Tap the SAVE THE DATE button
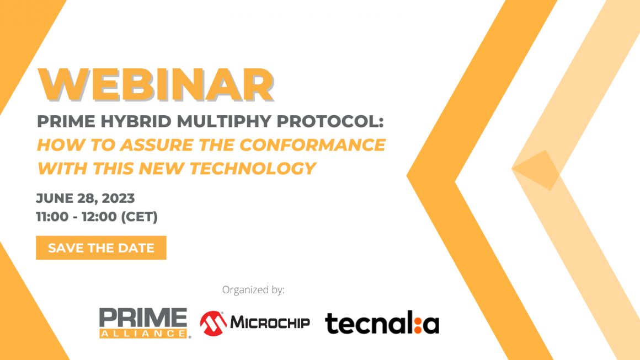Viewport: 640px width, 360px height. [101, 248]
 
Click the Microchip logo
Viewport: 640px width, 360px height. [255, 323]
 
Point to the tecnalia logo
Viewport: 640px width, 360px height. [382, 323]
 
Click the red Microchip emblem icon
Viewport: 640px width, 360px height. [212, 323]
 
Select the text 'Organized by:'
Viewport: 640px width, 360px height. [253, 289]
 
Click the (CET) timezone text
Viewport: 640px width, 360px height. [138, 217]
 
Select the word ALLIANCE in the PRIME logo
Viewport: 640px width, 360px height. [143, 333]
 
